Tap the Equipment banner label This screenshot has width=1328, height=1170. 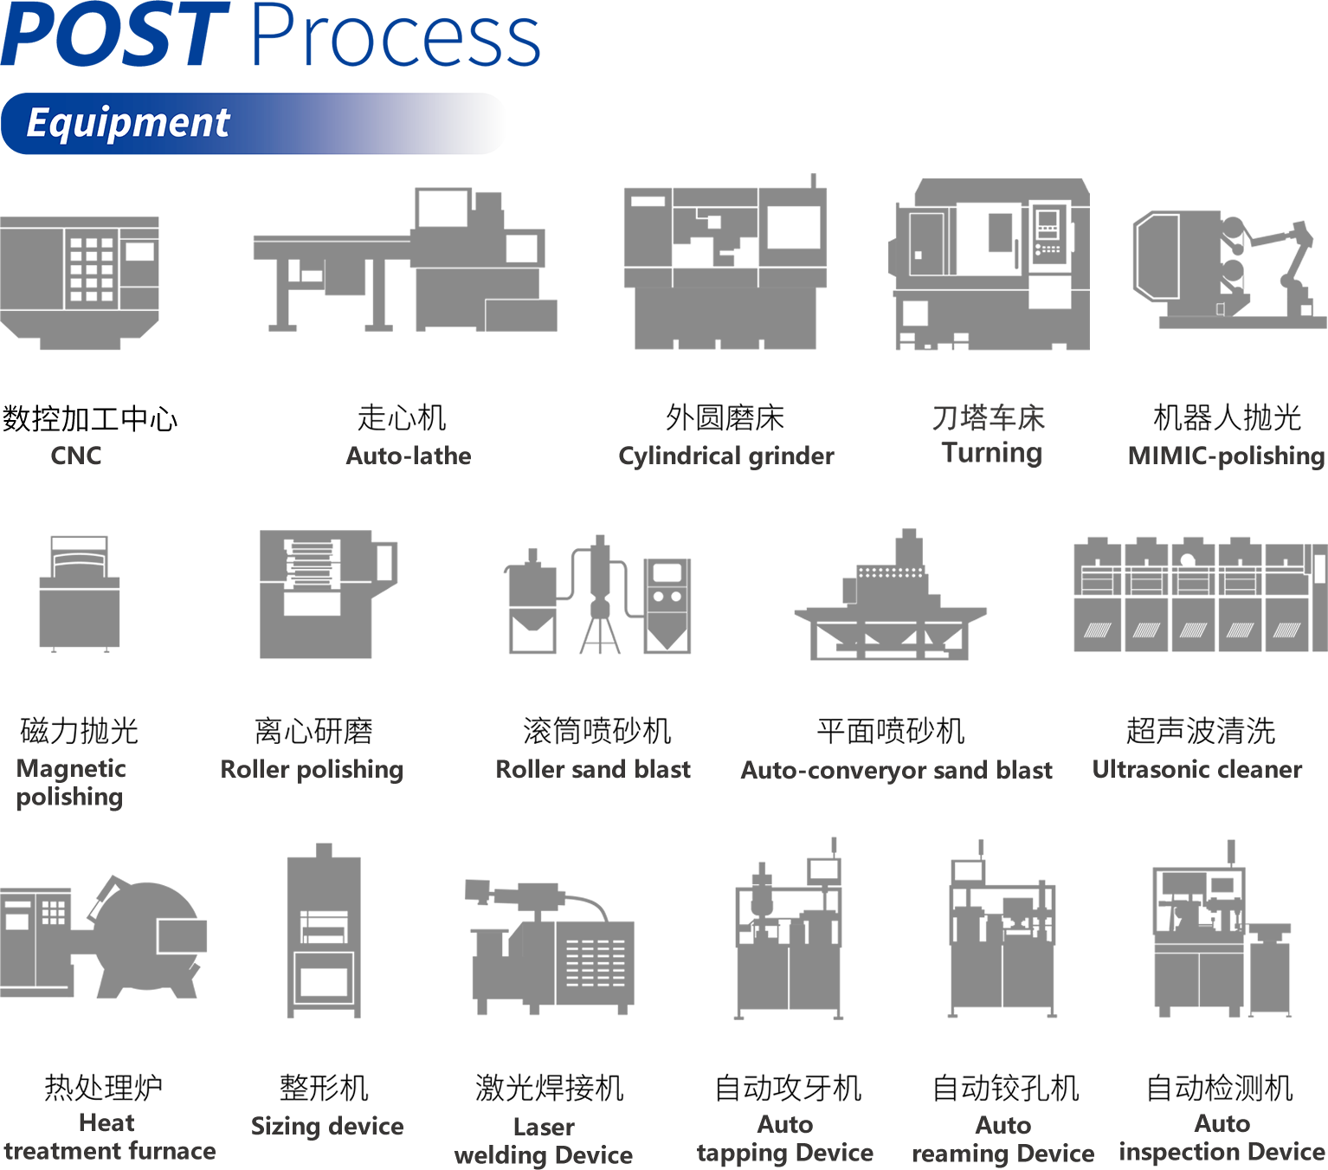128,123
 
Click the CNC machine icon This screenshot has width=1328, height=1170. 80,282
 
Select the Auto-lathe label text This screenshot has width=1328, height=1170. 409,456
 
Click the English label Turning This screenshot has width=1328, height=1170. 992,452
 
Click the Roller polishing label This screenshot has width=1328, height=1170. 313,769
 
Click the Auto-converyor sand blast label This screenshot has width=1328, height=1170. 897,770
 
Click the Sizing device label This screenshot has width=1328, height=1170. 327,1126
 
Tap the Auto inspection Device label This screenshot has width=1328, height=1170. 1222,1138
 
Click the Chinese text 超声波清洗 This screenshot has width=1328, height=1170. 1201,731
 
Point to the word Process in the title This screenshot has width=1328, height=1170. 396,36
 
